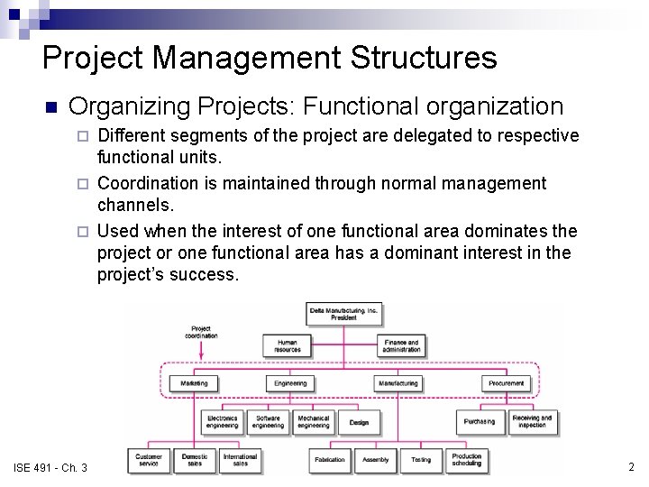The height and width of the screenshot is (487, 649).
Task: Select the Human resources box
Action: pyautogui.click(x=287, y=345)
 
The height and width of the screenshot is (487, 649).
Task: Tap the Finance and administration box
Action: pyautogui.click(x=400, y=345)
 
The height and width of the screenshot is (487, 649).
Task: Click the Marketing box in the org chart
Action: pyautogui.click(x=193, y=383)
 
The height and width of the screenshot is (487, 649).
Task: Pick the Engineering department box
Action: pyautogui.click(x=290, y=383)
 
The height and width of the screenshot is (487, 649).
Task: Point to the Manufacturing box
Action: pyautogui.click(x=398, y=383)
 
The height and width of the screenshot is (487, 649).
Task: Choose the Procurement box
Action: pyautogui.click(x=506, y=383)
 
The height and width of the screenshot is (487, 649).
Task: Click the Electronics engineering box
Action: pyautogui.click(x=222, y=421)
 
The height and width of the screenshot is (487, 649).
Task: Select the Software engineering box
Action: pyautogui.click(x=268, y=421)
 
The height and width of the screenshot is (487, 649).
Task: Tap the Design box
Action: pyautogui.click(x=359, y=422)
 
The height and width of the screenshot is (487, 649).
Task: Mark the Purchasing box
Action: pyautogui.click(x=480, y=421)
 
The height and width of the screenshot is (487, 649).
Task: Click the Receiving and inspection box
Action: pyautogui.click(x=532, y=421)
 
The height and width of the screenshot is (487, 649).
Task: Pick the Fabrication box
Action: pyautogui.click(x=330, y=460)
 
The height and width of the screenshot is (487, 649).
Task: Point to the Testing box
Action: pyautogui.click(x=421, y=460)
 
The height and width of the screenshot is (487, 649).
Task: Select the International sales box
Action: pyautogui.click(x=240, y=460)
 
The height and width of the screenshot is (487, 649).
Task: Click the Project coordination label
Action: pyautogui.click(x=201, y=332)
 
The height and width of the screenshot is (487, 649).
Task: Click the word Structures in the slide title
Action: pyautogui.click(x=423, y=58)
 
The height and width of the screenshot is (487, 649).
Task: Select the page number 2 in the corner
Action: pyautogui.click(x=631, y=467)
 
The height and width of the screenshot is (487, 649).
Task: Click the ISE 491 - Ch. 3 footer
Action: pyautogui.click(x=50, y=467)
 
